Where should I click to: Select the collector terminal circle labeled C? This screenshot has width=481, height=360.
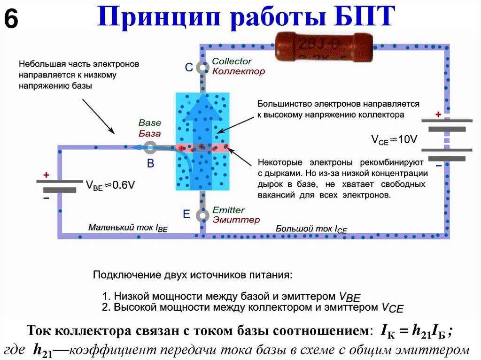202,68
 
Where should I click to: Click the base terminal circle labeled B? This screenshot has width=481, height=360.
150,148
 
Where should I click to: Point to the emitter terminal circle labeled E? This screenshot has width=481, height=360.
202,215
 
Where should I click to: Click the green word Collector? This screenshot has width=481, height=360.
232,61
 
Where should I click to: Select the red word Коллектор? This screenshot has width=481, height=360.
238,71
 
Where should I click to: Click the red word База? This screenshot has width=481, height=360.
150,133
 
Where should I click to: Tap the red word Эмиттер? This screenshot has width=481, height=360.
236,220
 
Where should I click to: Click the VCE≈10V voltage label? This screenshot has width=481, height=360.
394,139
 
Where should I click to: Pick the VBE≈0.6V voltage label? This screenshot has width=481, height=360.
110,185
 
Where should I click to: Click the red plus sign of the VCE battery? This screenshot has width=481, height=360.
438,115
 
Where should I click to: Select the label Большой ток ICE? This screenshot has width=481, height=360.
311,229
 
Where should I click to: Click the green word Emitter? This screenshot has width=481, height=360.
228,210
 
